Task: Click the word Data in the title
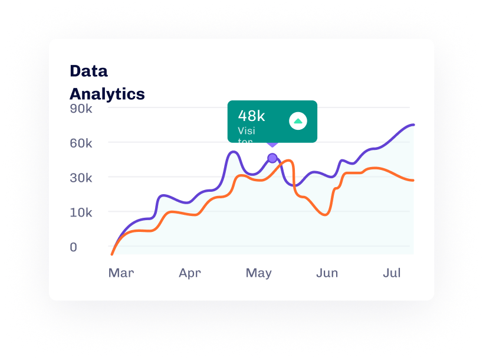click(88, 71)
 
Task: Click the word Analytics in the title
click(107, 94)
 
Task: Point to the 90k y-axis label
click(81, 109)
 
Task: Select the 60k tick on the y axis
click(81, 143)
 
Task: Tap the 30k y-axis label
click(81, 178)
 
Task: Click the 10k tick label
click(81, 212)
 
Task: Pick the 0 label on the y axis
click(74, 247)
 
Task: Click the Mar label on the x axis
click(121, 273)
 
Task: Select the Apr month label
click(190, 273)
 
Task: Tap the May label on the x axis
click(258, 273)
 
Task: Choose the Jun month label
click(327, 273)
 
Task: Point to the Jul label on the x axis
click(392, 273)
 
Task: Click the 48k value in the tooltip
click(251, 116)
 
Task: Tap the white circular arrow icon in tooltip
click(298, 121)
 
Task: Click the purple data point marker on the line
click(272, 158)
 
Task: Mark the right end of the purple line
click(413, 125)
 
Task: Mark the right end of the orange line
click(413, 180)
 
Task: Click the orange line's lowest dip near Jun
click(324, 215)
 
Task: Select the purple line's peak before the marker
click(234, 152)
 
